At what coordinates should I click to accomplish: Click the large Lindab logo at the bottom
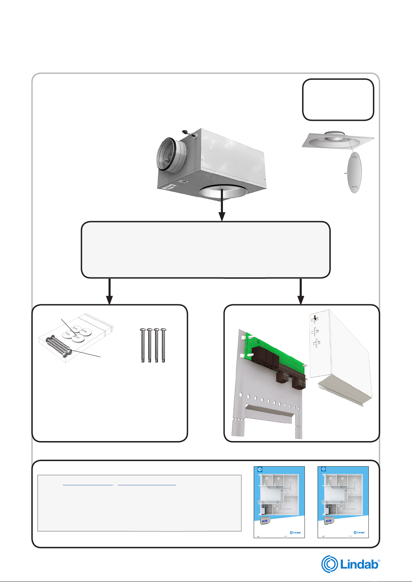point(350,564)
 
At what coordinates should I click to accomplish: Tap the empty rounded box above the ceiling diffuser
point(338,99)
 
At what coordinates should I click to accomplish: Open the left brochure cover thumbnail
point(279,502)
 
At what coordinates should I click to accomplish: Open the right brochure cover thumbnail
point(343,502)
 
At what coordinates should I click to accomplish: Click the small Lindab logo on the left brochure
point(295,532)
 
